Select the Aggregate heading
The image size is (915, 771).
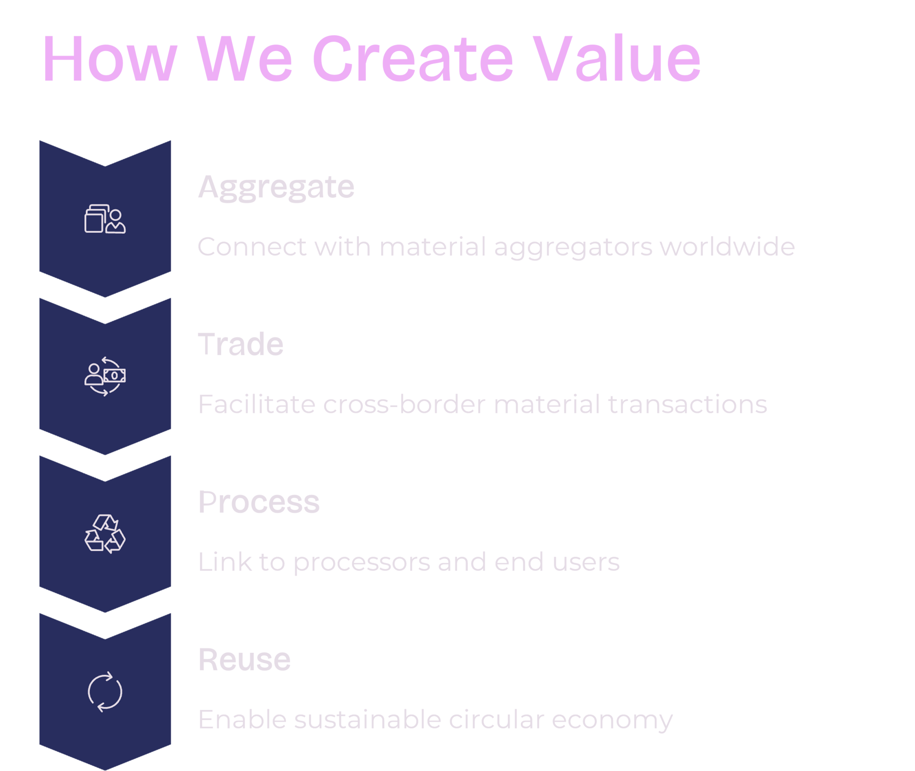(276, 187)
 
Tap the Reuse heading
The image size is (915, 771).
(244, 659)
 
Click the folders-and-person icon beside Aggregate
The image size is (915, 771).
(105, 219)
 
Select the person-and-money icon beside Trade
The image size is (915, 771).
(105, 376)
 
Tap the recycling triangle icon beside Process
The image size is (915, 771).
(105, 534)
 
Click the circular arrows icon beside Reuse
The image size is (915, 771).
(105, 691)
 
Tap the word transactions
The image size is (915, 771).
(687, 405)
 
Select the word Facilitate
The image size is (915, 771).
(256, 405)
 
